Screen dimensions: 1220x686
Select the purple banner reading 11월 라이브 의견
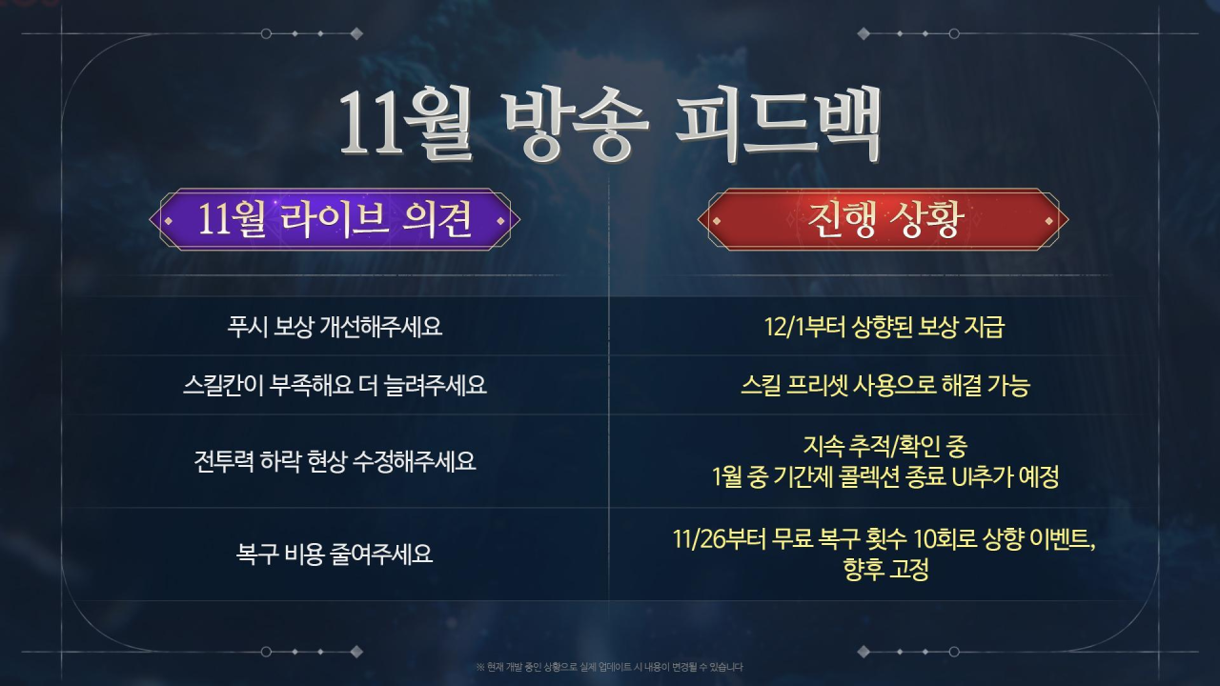(335, 219)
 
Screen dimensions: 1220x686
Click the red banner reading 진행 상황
(883, 219)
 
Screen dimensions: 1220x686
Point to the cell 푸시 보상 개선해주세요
(335, 327)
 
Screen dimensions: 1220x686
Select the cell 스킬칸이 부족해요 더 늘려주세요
(335, 386)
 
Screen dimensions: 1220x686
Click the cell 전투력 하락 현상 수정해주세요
(335, 461)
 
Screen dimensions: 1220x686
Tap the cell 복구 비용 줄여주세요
(335, 555)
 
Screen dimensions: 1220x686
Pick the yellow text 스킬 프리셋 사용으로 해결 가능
(885, 386)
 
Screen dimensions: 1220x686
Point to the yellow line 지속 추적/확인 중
(885, 447)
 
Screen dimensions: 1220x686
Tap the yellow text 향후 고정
(885, 570)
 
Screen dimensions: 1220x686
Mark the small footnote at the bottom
(609, 667)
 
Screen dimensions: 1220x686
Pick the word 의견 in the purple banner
(437, 219)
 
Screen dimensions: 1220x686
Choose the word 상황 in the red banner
(926, 219)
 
